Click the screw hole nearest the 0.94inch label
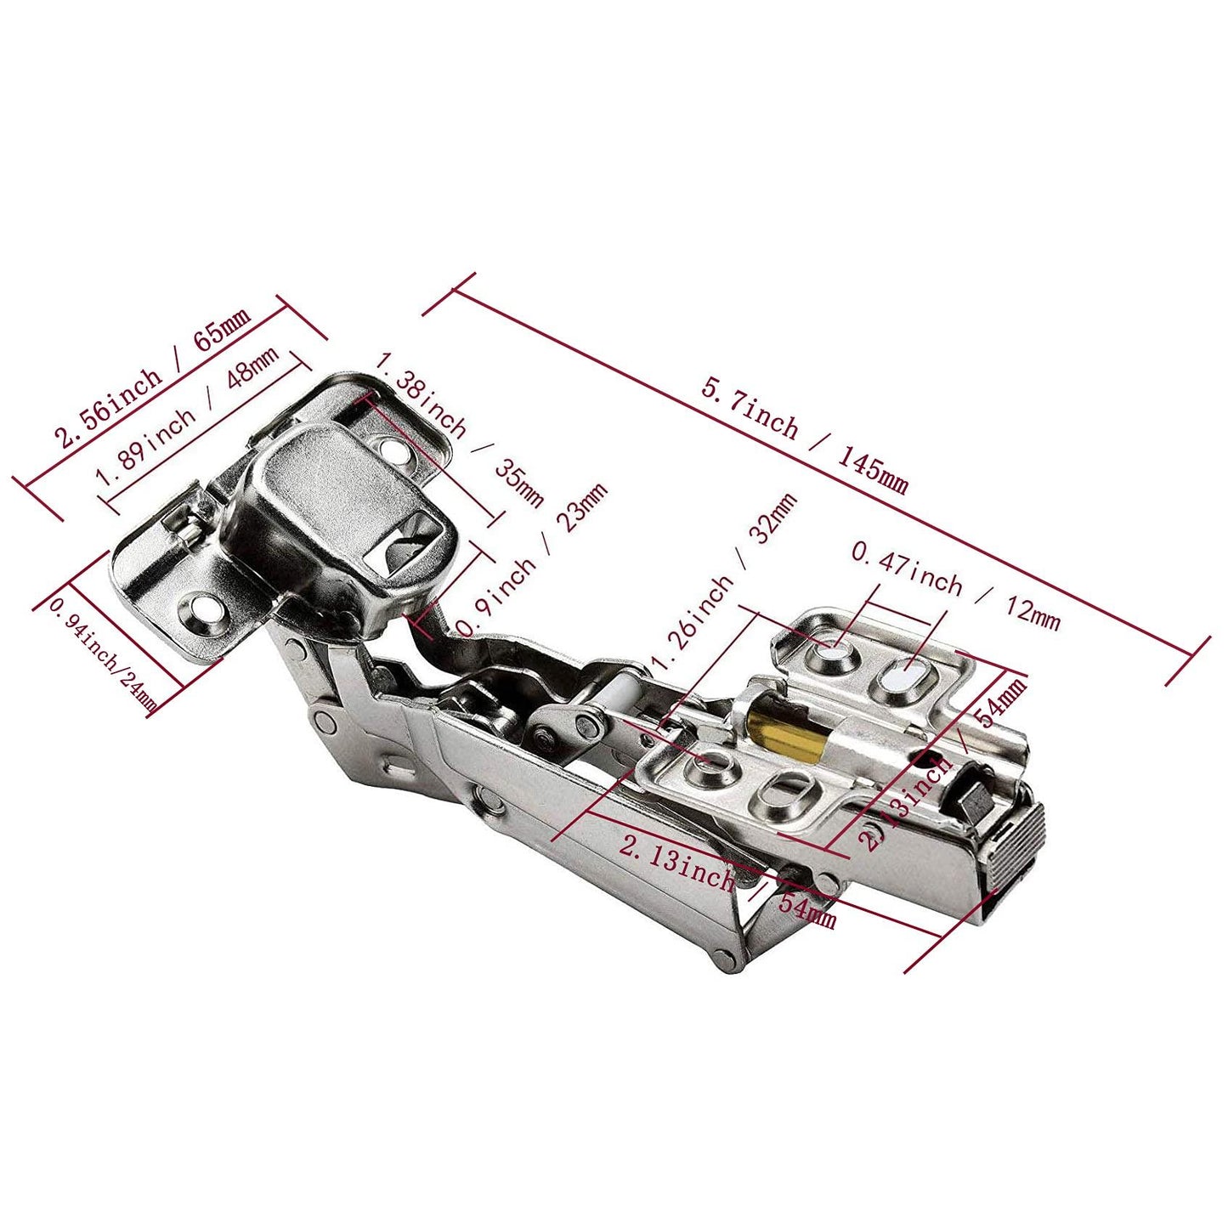tap(203, 608)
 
